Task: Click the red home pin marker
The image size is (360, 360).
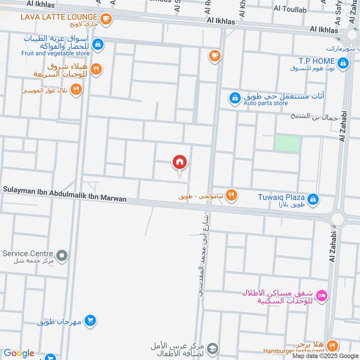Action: (180, 162)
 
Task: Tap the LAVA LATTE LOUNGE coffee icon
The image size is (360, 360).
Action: (106, 18)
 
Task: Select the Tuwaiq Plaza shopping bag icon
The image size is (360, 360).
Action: (314, 198)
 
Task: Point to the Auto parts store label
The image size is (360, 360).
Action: (265, 103)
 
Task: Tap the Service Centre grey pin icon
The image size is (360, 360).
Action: (62, 256)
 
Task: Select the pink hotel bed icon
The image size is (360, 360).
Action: (322, 296)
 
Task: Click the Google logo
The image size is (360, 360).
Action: (19, 353)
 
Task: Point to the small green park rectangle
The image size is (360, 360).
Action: (288, 144)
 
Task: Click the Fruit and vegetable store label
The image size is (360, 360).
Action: (55, 53)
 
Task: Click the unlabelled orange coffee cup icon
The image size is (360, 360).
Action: (214, 56)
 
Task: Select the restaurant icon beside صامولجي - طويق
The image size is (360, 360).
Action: (232, 195)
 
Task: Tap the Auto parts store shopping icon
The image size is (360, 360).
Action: (234, 98)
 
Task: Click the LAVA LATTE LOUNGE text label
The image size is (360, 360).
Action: (58, 17)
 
